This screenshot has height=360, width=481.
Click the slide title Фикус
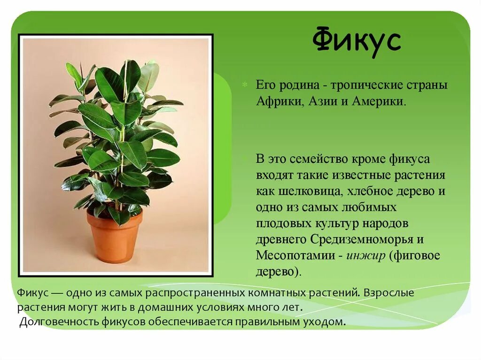pyautogui.click(x=357, y=41)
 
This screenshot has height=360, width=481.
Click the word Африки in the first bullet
pyautogui.click(x=279, y=101)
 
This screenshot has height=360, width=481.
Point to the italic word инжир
pyautogui.click(x=365, y=256)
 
